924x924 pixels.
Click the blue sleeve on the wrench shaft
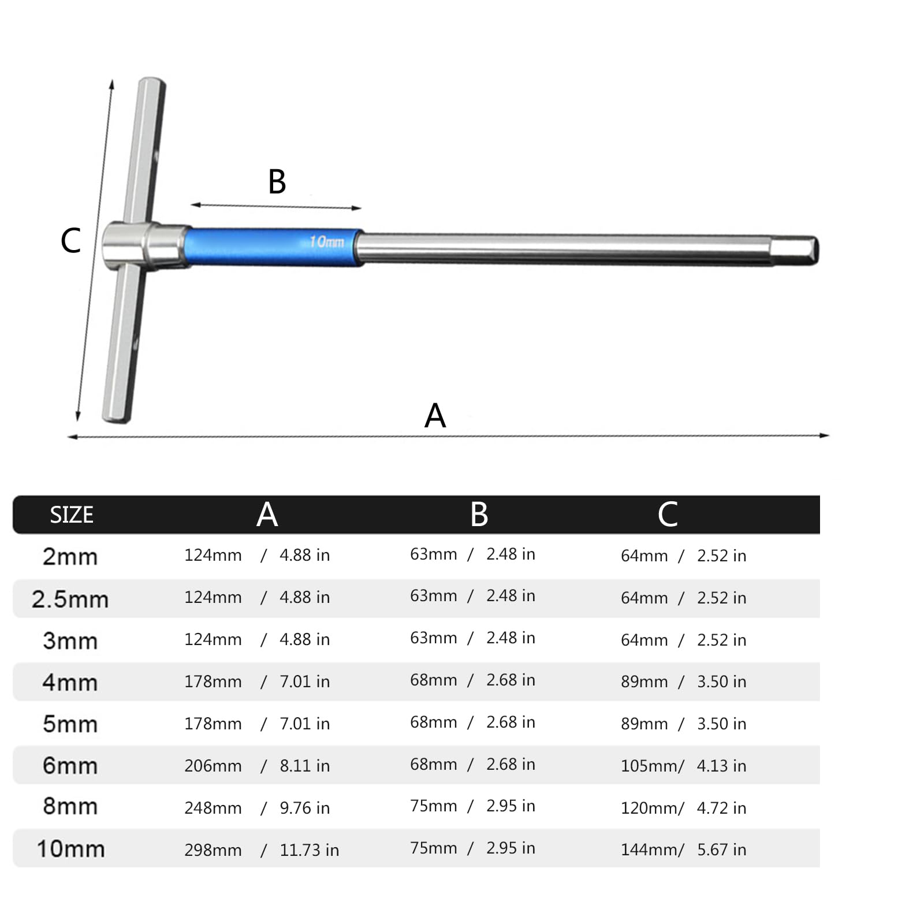click(273, 247)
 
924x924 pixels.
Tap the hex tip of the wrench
click(795, 251)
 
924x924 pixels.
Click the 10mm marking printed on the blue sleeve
click(327, 241)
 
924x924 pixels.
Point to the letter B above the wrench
click(277, 181)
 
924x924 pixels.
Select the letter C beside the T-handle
click(70, 240)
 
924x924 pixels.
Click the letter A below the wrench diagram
click(435, 415)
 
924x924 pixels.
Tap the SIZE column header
click(72, 515)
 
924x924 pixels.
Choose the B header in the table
click(479, 514)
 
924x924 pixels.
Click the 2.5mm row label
click(70, 599)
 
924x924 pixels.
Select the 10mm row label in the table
click(70, 849)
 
